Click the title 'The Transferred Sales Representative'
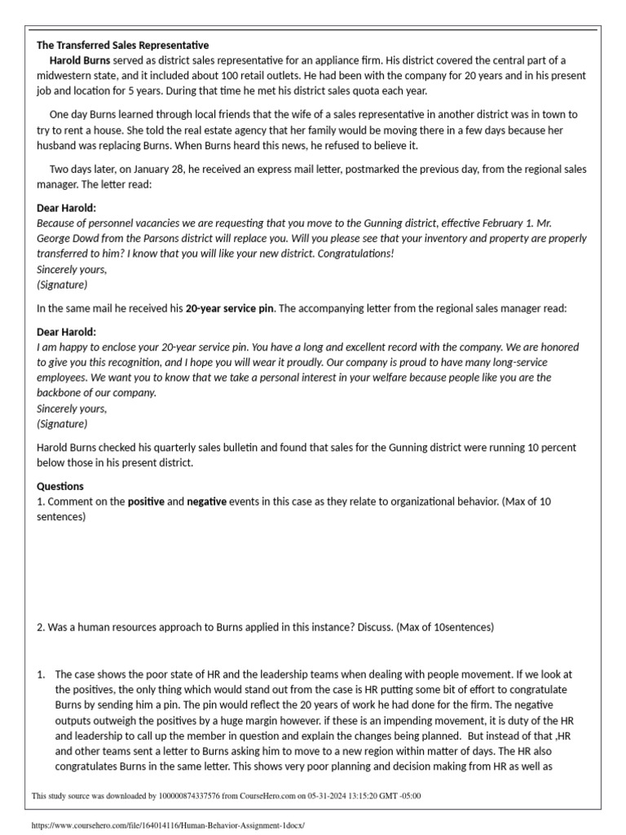pos(123,45)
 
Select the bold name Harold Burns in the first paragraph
pos(80,60)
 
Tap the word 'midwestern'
pos(66,76)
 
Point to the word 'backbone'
pos(64,393)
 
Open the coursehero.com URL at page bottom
pos(167,825)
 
